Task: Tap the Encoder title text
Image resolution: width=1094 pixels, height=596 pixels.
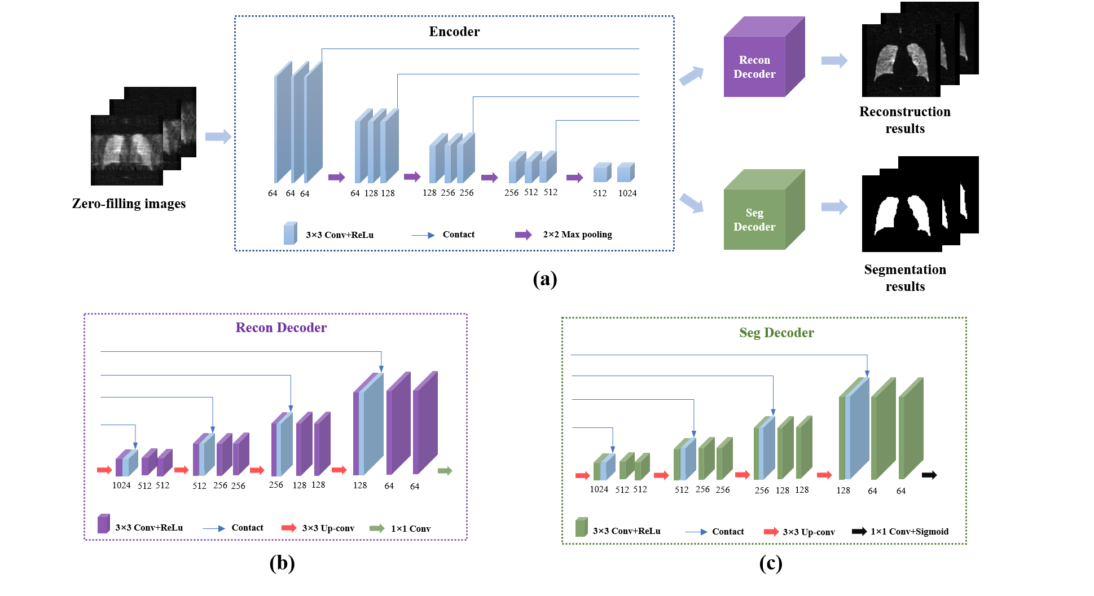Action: (x=454, y=32)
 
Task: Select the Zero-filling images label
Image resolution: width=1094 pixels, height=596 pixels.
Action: (x=129, y=204)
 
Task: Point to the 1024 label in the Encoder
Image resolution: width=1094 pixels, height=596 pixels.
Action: (x=627, y=193)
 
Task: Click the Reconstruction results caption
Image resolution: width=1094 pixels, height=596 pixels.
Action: (x=904, y=120)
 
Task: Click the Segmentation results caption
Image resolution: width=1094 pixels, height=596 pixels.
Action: (x=905, y=278)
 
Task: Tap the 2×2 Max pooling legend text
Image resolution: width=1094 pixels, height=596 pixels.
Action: (x=577, y=235)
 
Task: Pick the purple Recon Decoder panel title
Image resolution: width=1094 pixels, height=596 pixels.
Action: (x=281, y=328)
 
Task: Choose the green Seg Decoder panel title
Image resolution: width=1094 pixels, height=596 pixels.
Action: (x=776, y=333)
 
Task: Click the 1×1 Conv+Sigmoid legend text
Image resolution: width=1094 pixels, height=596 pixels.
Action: (x=910, y=532)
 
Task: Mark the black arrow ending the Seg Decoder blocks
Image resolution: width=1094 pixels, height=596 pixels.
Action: (x=929, y=475)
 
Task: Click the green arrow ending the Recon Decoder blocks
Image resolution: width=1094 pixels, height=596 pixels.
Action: (x=445, y=471)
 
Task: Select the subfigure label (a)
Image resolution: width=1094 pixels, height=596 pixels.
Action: (x=544, y=279)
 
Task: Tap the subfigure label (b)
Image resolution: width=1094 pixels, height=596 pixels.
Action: (x=282, y=563)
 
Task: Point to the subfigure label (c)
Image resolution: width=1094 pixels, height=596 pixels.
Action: (x=770, y=563)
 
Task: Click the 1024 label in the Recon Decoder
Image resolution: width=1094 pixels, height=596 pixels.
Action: (x=121, y=485)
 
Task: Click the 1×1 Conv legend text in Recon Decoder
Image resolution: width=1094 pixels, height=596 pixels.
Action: (x=411, y=529)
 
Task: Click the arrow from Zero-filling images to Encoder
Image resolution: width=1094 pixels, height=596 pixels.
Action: (x=218, y=136)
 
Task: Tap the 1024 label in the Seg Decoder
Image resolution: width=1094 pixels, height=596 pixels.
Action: (x=599, y=489)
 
